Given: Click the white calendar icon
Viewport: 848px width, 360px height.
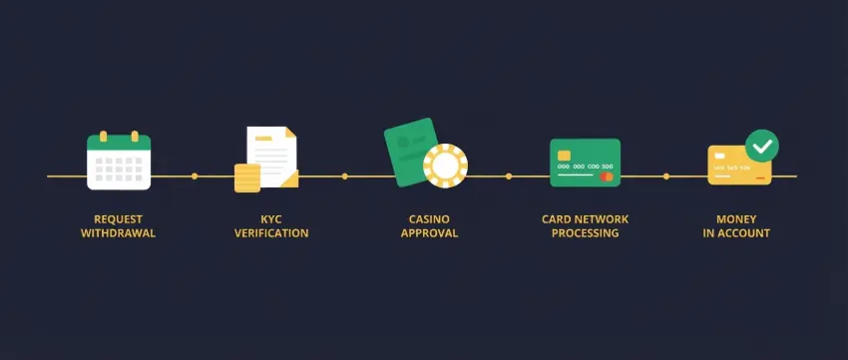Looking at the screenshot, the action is pos(119,162).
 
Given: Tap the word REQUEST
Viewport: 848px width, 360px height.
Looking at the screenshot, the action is pos(119,218).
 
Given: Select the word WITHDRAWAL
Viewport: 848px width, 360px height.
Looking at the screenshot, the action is pos(119,233).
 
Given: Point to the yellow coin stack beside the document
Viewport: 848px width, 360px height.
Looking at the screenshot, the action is pos(247,178).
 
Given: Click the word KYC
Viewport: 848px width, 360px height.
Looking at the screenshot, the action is pos(271,218).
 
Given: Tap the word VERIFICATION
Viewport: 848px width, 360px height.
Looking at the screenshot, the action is pos(271,233).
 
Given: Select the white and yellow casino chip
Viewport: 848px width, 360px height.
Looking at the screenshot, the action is pos(445,166).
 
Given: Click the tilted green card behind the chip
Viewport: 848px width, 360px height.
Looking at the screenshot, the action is pos(408,150).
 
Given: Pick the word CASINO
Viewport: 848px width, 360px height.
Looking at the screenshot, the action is pos(429,218).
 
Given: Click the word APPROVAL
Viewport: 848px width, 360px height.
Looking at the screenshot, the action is pos(429,233).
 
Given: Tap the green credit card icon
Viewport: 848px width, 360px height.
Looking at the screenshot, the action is pos(585,163).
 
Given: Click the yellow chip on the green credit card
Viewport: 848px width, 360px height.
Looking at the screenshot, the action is pos(565,155).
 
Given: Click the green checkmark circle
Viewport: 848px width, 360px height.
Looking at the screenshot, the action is pos(762,146).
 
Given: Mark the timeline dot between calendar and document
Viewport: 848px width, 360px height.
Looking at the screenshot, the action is pos(195,177).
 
